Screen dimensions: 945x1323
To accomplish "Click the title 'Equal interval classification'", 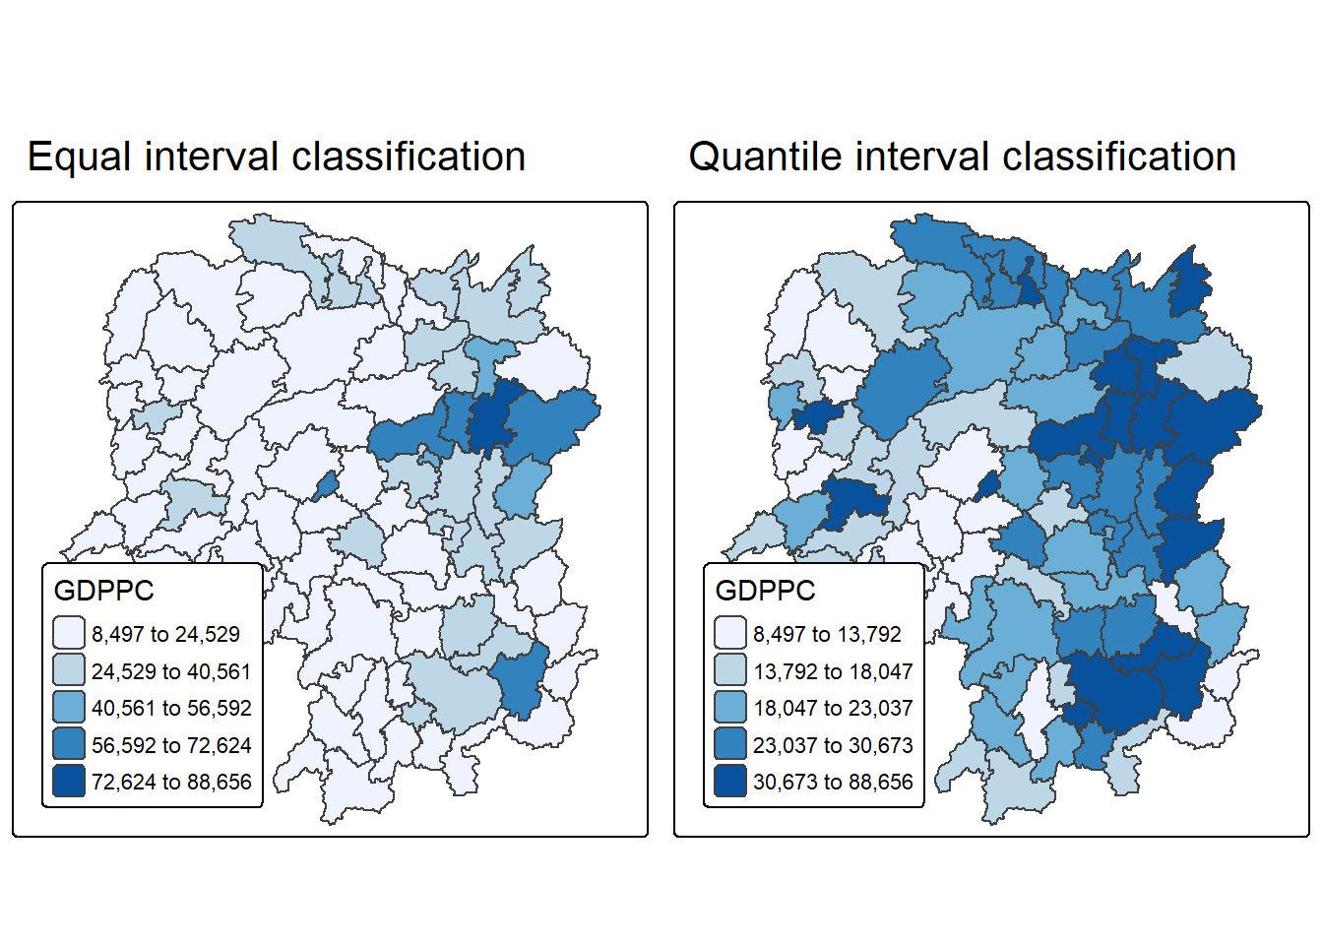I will tap(277, 157).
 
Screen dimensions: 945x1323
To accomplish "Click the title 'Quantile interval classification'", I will tap(962, 157).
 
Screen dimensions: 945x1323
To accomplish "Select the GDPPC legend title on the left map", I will tap(103, 591).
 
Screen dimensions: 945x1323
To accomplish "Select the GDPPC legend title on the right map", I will tap(765, 591).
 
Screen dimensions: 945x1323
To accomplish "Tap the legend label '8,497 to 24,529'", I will tap(165, 634).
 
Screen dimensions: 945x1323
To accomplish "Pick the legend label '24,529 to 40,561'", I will tap(171, 671).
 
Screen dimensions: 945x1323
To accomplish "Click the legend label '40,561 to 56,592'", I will tap(171, 708).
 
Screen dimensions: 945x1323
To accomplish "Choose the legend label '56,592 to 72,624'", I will tap(171, 745).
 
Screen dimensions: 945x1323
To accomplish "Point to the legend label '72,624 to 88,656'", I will tap(171, 782).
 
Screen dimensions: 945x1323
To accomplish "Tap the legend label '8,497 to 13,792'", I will tap(827, 634).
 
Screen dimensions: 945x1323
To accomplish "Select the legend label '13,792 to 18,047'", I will tap(833, 671).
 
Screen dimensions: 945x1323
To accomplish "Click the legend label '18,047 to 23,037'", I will tap(833, 708).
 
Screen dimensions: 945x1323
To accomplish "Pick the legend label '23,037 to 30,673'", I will tap(833, 745).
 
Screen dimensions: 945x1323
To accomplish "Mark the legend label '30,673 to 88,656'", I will tap(833, 782).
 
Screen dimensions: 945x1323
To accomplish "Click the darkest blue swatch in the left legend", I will tap(69, 782).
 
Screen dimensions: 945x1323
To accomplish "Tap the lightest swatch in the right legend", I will tap(730, 633).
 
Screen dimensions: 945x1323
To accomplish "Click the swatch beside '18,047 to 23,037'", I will tap(730, 708).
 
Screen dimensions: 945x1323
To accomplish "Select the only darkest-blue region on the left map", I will tap(490, 418).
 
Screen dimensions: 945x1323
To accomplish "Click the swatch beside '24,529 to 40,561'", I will tap(69, 670).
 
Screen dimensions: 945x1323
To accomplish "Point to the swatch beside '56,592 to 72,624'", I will tap(69, 744).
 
